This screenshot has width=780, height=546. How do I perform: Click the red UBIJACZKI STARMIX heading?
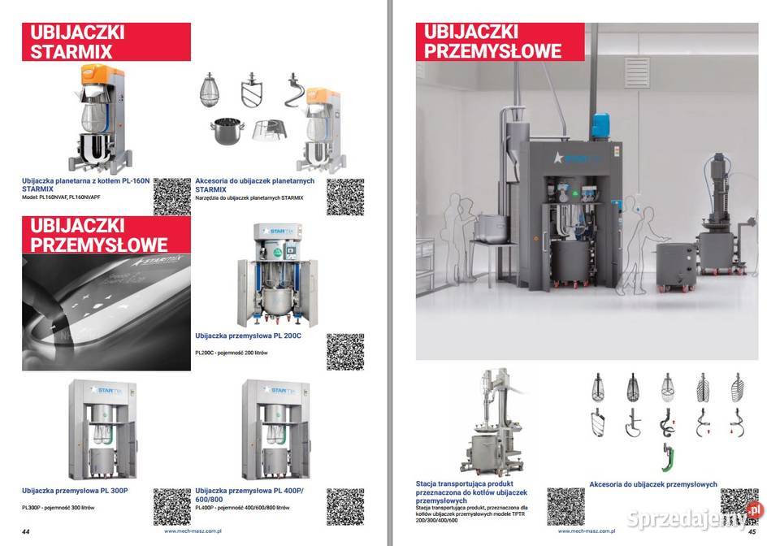(x=106, y=42)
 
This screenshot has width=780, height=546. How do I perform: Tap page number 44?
(x=26, y=531)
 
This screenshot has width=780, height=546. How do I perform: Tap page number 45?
(x=752, y=531)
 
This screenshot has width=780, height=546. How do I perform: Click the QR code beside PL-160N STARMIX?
(x=171, y=196)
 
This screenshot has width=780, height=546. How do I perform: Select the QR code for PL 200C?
(x=344, y=352)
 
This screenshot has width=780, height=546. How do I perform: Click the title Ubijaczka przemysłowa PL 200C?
(x=248, y=335)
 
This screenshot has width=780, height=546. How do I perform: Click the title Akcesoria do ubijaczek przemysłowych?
(x=653, y=484)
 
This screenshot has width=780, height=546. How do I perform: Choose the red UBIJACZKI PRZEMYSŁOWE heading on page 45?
(x=492, y=42)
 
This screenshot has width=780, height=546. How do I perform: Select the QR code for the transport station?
(x=565, y=506)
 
